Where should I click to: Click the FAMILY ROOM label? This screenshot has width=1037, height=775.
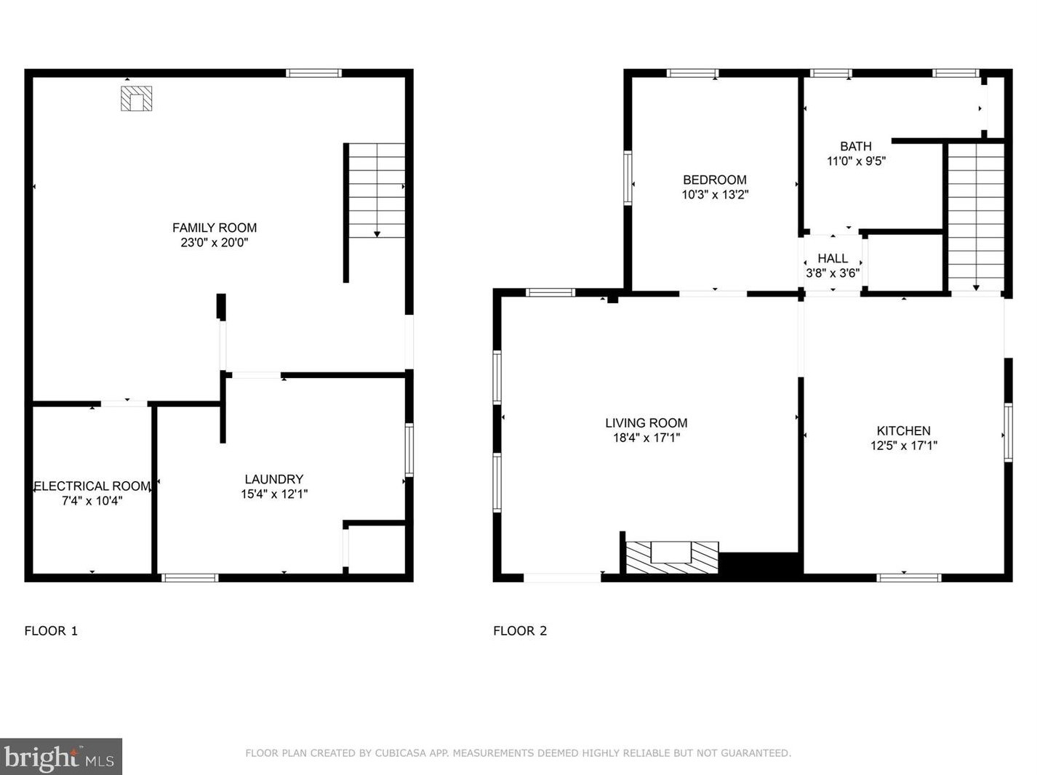point(215,228)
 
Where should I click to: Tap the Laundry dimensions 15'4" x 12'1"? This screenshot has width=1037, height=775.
point(274,494)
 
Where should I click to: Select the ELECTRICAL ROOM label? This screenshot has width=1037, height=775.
point(92,486)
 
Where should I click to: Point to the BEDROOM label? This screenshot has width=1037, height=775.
point(715,180)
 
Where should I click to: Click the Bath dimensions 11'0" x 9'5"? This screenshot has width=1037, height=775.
point(856,161)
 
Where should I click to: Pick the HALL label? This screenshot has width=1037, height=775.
point(833,258)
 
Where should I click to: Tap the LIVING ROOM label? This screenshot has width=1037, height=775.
point(646,422)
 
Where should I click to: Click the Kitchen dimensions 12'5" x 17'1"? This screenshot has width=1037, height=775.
point(904,446)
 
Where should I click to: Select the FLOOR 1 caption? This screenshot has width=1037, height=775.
point(51,630)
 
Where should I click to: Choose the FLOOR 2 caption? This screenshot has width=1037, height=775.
point(520,630)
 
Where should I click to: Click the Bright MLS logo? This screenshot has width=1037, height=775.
point(60,757)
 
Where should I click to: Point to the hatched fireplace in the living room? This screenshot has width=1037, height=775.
point(672,558)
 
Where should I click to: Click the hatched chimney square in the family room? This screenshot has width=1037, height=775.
point(137,99)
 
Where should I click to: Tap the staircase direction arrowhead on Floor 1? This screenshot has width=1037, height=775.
point(377,234)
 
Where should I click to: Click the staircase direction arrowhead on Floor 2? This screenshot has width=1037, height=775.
point(976,287)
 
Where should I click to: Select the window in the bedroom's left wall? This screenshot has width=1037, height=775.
point(628,178)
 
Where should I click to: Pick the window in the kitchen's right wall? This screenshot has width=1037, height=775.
point(1008,432)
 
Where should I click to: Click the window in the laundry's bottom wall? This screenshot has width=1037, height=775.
point(190,577)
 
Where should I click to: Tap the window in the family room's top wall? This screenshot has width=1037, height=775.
point(313,73)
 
